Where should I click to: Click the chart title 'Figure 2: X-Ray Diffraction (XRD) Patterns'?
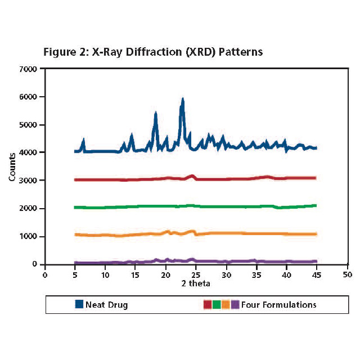point(153,52)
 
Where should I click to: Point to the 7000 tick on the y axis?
point(28,69)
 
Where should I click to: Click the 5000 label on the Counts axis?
point(28,125)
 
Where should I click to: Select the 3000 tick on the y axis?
point(28,181)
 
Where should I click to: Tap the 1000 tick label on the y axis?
point(28,236)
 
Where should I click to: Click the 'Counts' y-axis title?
point(12,166)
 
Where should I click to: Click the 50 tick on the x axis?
point(348,275)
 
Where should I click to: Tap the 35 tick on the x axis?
point(256,275)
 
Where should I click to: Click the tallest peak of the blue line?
point(182,100)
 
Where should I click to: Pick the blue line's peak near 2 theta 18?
point(155,114)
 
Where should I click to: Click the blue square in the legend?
point(79,305)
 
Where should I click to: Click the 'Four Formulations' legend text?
point(278,305)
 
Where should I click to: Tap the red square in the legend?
point(206,305)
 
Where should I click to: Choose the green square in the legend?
point(215,305)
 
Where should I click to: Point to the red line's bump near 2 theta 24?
point(192,176)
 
